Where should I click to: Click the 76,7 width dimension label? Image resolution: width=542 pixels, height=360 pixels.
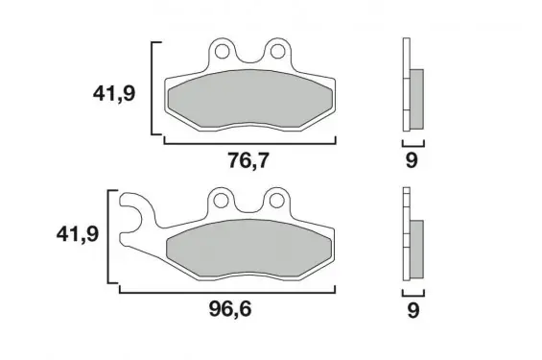click(x=247, y=160)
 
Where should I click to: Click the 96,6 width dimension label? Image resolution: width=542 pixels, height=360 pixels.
click(x=230, y=309)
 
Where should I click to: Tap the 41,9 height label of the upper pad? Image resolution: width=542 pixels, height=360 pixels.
click(x=114, y=94)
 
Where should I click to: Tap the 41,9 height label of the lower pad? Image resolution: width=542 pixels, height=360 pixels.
click(x=78, y=234)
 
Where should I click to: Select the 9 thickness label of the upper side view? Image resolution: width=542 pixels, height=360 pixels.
click(x=412, y=160)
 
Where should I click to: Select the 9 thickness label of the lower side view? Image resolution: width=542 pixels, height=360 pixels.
click(x=413, y=310)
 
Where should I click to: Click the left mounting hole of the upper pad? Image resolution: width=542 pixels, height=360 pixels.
click(x=222, y=52)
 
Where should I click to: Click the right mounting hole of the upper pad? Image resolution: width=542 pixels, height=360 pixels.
click(x=276, y=52)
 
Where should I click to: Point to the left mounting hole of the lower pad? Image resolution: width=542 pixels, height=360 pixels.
click(x=221, y=200)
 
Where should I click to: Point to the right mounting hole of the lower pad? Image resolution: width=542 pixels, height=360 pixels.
click(x=276, y=200)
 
